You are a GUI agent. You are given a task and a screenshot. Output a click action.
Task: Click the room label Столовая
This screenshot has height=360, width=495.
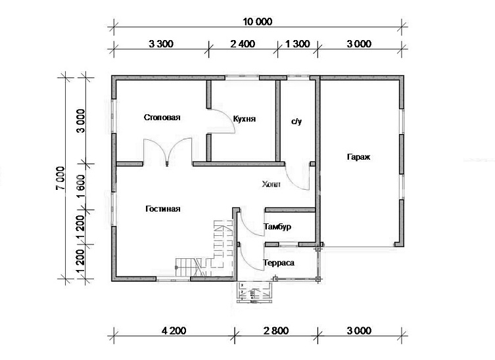162,118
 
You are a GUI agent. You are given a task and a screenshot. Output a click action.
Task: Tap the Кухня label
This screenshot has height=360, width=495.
245,119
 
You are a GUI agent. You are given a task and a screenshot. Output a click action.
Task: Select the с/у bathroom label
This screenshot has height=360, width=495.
296,121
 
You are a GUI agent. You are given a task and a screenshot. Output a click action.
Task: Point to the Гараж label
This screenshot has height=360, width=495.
359,157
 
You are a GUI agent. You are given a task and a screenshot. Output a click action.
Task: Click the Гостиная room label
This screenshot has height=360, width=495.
163,209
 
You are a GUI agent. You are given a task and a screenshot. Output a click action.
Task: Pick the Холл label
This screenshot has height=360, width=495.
271,184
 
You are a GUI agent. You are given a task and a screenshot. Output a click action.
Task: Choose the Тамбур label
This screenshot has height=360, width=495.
277,227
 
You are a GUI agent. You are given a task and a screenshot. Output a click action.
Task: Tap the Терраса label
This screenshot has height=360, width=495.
279,263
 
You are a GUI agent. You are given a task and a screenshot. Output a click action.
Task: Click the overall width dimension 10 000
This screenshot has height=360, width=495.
257,22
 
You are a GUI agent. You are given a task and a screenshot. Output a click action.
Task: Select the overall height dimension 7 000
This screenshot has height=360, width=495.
60,179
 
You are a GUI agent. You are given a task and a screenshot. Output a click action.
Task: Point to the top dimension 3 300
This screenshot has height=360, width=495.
161,43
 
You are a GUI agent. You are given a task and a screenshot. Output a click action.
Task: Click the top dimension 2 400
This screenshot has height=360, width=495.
243,43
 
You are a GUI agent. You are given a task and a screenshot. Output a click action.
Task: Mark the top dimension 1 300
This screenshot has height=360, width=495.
298,43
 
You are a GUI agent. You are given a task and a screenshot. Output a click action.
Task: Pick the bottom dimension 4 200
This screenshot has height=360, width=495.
174,330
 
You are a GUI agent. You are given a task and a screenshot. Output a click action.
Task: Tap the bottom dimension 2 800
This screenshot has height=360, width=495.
276,330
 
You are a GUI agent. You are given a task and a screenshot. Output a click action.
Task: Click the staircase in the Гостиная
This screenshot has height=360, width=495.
204,248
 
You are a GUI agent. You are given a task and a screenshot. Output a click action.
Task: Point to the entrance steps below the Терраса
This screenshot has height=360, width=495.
254,292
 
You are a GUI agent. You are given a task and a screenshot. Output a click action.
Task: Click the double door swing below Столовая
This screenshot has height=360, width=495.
168,150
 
